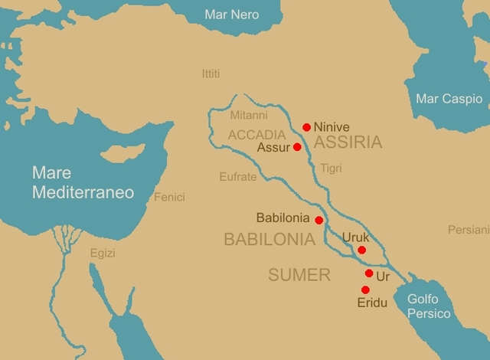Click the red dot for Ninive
307,127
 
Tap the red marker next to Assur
297,147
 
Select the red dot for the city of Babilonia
319,220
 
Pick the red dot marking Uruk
361,250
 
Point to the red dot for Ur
369,273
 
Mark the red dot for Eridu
365,290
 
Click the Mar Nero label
232,15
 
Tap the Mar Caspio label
449,99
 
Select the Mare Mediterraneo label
83,182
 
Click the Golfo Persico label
429,306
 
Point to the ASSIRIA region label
348,142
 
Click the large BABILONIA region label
269,239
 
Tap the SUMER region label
299,275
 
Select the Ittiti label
211,74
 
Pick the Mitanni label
249,116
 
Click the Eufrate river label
238,176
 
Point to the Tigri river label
331,168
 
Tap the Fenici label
169,197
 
